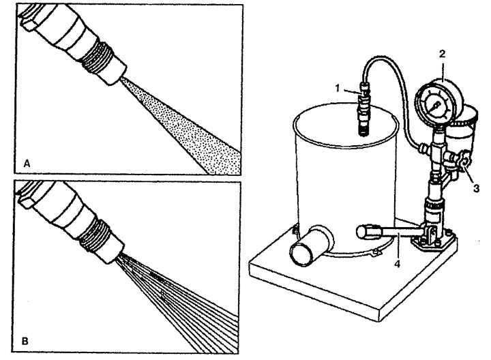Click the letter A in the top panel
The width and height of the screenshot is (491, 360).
tap(27, 164)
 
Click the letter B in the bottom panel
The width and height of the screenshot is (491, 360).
tap(25, 341)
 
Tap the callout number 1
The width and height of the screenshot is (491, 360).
tap(338, 88)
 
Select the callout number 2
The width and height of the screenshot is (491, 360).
tap(442, 54)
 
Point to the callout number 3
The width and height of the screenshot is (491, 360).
tap(476, 188)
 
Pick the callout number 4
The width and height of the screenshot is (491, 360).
tap(397, 264)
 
